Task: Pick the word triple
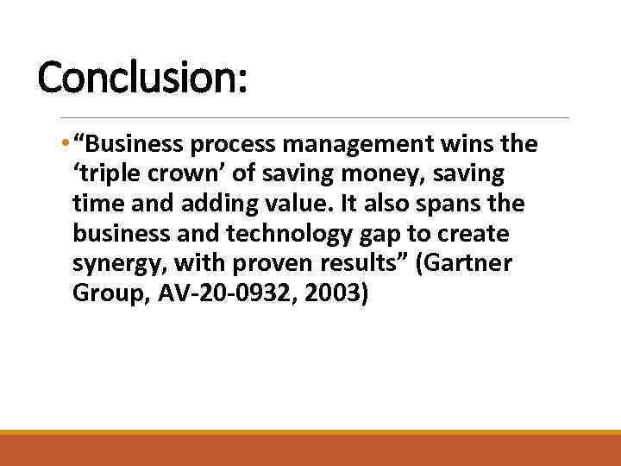click(108, 173)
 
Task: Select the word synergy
click(115, 264)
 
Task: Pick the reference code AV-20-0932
click(215, 294)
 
